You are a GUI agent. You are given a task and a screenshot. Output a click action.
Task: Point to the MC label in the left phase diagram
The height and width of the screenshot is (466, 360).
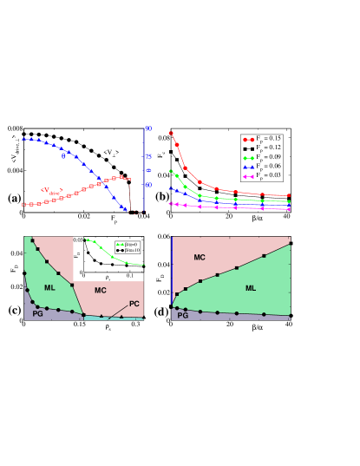tap(100, 290)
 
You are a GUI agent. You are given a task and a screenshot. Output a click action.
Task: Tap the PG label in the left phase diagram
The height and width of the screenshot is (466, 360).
tap(37, 313)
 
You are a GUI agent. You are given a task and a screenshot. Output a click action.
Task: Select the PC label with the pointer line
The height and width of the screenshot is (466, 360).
tap(134, 304)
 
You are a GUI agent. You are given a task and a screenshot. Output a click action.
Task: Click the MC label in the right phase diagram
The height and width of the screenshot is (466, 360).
tap(200, 258)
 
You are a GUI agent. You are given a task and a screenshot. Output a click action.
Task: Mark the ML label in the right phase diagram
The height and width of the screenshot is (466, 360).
tap(251, 288)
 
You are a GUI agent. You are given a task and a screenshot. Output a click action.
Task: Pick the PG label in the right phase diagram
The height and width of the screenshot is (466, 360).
tap(182, 315)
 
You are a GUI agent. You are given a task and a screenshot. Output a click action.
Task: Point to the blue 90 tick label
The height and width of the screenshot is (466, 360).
tap(148, 129)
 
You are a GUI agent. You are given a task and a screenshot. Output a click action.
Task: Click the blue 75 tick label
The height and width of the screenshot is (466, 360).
tap(148, 157)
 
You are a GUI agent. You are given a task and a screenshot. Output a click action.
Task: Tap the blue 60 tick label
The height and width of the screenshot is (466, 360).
tap(148, 184)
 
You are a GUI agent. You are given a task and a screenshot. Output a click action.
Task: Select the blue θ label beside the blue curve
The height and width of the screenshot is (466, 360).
tap(63, 157)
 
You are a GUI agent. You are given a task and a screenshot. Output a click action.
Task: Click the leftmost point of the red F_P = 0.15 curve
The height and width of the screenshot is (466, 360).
tap(170, 133)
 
